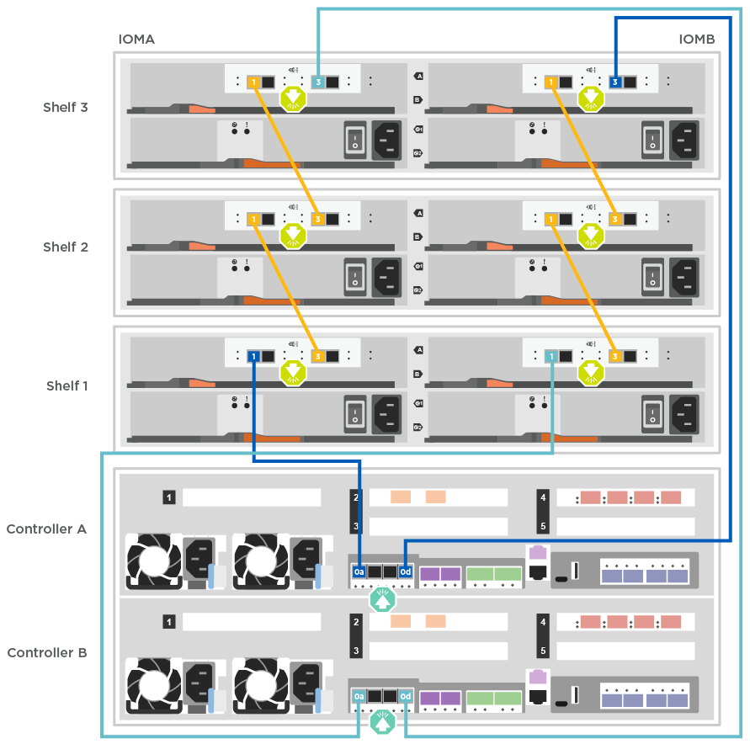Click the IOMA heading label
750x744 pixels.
136,40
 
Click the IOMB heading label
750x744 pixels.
697,40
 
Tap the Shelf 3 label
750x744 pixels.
66,107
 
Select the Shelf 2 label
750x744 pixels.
66,247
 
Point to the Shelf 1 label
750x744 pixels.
66,385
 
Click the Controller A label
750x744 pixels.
46,529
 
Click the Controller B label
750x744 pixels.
46,652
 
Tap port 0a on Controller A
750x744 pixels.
359,572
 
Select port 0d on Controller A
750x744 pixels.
406,572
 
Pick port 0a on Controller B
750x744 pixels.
359,697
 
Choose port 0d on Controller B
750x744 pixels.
406,697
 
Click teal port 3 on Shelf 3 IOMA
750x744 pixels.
318,82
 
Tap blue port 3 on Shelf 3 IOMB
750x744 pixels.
615,82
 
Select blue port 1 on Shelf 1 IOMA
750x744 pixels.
253,357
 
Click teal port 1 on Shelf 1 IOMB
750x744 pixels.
551,357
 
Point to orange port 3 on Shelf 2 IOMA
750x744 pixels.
318,220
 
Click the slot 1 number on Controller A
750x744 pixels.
169,498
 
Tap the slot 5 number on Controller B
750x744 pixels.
543,651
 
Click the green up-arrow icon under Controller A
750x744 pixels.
383,599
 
